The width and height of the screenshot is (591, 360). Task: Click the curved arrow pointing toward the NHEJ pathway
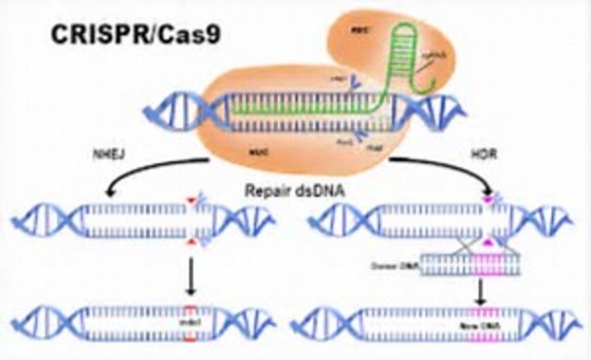(x=139, y=175)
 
